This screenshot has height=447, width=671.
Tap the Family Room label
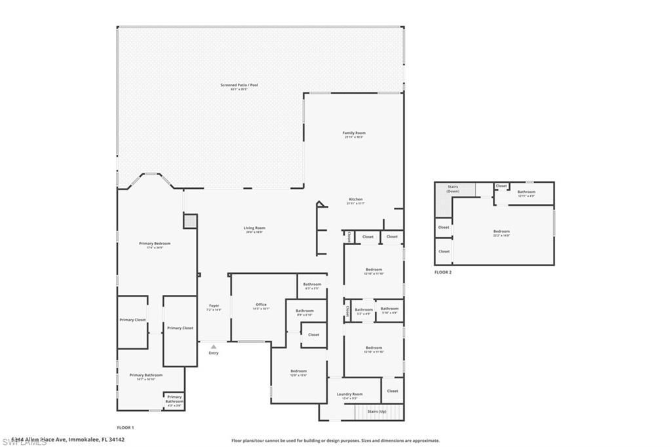(354, 133)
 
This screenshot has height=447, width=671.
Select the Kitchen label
(355, 199)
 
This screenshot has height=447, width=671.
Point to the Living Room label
(256, 228)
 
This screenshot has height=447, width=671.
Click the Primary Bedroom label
(155, 243)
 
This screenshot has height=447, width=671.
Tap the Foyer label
(214, 305)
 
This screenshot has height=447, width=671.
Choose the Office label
(261, 304)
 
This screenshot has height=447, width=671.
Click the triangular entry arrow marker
(214, 347)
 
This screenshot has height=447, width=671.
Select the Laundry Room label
(349, 394)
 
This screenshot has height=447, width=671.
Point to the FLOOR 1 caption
(125, 427)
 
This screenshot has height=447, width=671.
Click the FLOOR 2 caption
(443, 271)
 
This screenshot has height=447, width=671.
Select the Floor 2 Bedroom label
(501, 231)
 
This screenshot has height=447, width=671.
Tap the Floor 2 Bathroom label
(527, 192)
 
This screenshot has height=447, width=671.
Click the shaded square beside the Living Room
(190, 221)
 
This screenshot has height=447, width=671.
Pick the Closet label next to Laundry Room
(393, 391)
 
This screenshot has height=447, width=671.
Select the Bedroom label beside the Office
(298, 371)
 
